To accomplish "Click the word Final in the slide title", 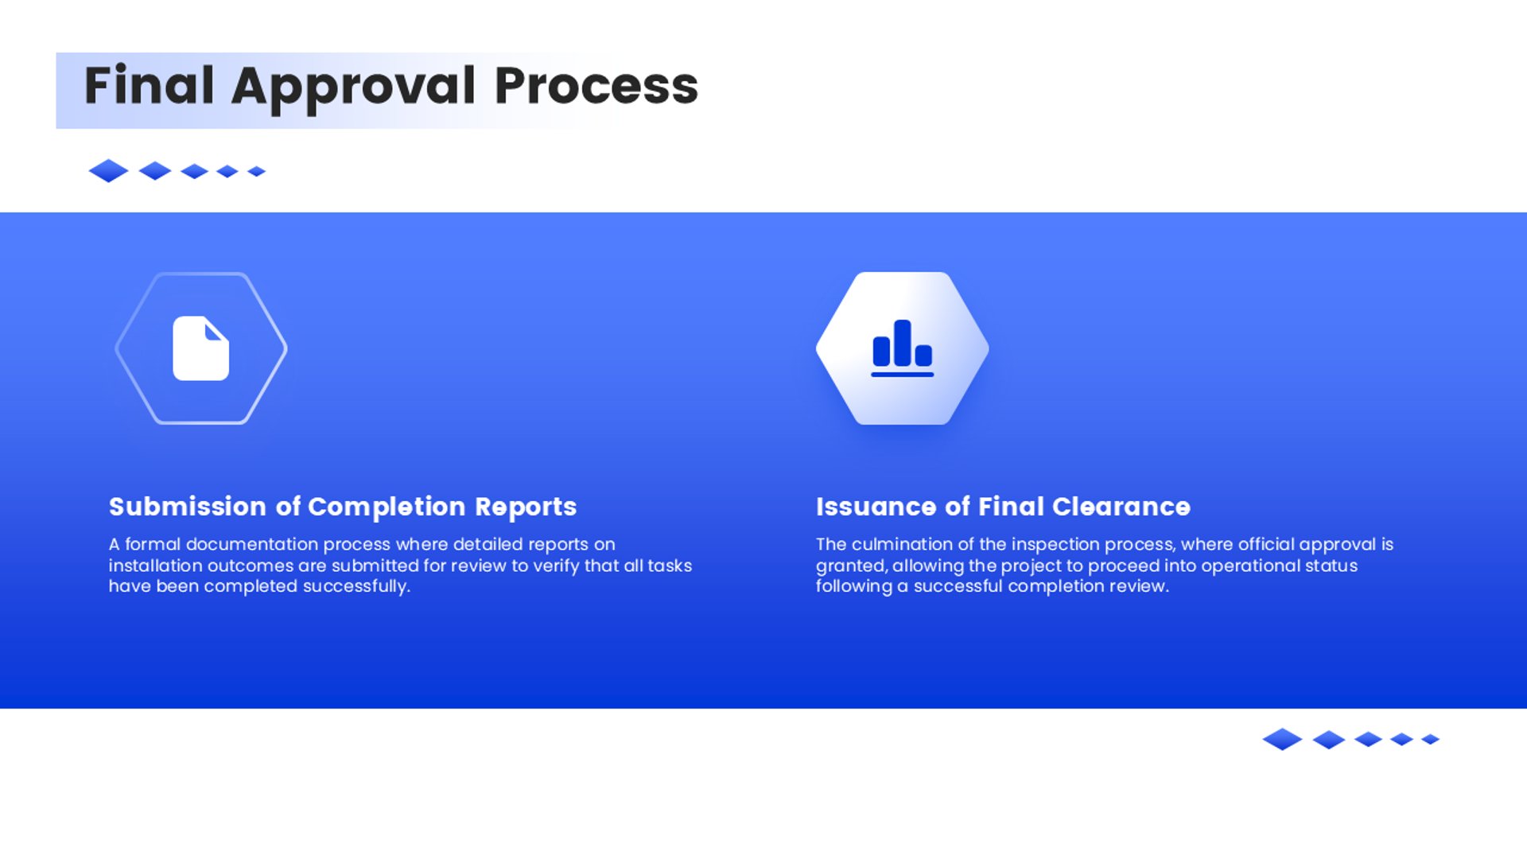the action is pos(149,85).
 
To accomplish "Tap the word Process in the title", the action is pos(596,85).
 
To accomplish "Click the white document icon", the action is pos(201,348).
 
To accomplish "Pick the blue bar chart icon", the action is pos(903,348).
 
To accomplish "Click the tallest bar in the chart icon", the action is pos(903,343).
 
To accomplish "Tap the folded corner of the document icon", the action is pos(216,329).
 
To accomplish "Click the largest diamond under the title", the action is pos(109,171).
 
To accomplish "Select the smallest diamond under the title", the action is pos(256,171).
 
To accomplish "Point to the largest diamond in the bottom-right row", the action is pos(1282,739).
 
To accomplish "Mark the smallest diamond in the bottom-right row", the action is pos(1431,739).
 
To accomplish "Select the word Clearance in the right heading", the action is pos(1121,507).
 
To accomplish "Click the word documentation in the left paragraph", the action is pos(252,544).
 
